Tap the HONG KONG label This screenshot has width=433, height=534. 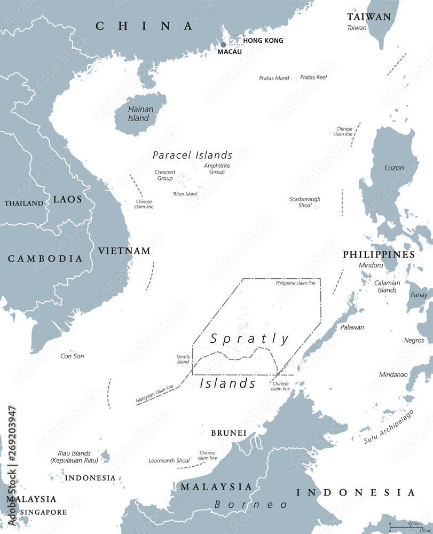point(263,41)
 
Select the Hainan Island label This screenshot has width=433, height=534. point(140,113)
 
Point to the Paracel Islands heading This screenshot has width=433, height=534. point(192,155)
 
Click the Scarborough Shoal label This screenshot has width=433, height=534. point(305,202)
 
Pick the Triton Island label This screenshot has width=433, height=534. point(184,194)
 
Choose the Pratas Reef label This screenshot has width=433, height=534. point(313,77)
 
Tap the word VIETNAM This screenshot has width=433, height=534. point(124,250)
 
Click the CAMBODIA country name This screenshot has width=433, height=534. point(45,258)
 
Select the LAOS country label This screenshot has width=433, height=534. point(67,199)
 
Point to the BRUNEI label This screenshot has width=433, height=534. point(229,433)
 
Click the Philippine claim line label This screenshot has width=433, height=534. point(295,283)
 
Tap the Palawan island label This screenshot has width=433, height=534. point(352,327)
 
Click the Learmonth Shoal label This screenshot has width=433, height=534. point(169,461)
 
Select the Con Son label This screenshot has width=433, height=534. point(72,356)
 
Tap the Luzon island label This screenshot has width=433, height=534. point(394,168)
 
